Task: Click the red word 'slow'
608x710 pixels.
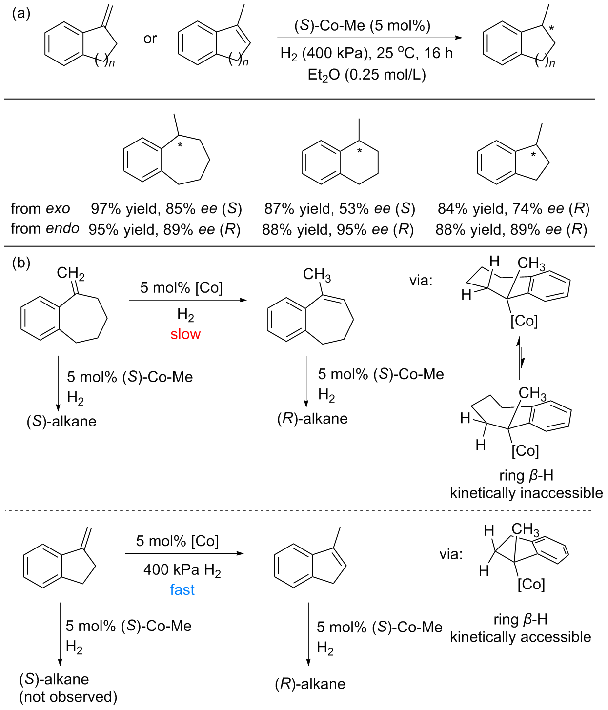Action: click(185, 334)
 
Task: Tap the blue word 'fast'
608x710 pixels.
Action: click(182, 589)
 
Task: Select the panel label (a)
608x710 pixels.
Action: click(21, 13)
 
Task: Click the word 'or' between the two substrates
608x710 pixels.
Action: click(150, 38)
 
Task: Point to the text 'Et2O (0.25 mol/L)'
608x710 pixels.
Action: click(366, 75)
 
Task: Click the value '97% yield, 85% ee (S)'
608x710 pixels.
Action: click(166, 208)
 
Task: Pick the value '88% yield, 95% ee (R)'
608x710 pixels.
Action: click(338, 229)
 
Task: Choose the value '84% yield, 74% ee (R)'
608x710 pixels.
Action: click(513, 208)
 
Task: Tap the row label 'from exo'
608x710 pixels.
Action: click(40, 208)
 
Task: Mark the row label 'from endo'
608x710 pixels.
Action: click(45, 228)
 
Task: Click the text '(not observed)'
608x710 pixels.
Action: click(68, 696)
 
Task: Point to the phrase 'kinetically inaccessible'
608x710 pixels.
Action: click(526, 493)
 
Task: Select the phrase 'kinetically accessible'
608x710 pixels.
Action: click(520, 637)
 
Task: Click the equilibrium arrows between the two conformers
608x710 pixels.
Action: click(520, 357)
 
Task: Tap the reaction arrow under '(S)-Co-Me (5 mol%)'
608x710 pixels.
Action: click(369, 38)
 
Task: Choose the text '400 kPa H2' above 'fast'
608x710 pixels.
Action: click(182, 570)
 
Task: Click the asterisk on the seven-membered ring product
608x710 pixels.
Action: click(180, 145)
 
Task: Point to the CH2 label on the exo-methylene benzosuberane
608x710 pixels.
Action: click(70, 274)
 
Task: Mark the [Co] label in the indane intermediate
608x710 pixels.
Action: click(531, 584)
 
